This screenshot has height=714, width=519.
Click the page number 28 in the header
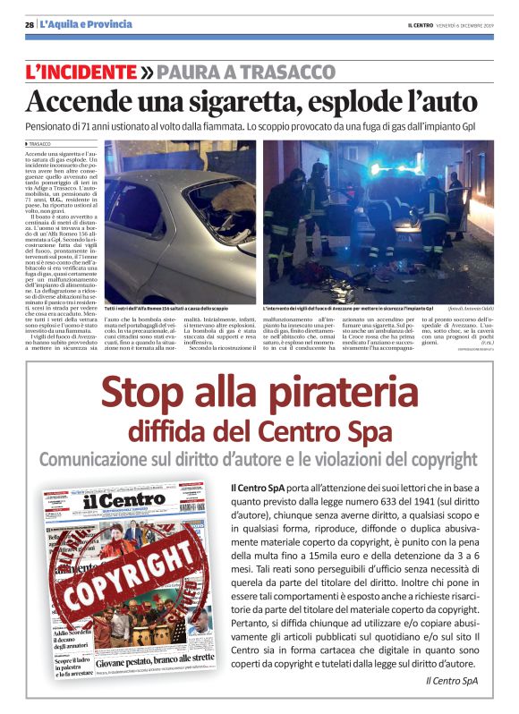(30, 24)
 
